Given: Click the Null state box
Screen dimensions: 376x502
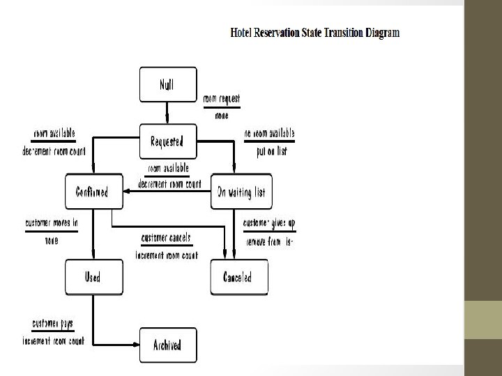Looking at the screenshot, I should (x=167, y=84).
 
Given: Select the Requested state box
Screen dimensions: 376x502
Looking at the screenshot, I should (x=167, y=141).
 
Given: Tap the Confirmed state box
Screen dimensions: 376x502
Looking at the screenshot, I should (x=93, y=191).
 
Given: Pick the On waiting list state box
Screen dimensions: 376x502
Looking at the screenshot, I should (x=241, y=191).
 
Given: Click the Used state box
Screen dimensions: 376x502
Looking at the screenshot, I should (x=93, y=276).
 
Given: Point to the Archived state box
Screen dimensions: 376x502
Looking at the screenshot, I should (x=167, y=345).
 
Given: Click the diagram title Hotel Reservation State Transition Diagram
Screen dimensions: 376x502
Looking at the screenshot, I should (x=314, y=33).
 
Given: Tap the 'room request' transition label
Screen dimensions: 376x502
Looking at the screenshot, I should (x=222, y=100).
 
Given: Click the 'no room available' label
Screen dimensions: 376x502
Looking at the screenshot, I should (x=269, y=133).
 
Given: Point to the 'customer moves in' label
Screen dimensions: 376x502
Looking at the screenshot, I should (x=52, y=224).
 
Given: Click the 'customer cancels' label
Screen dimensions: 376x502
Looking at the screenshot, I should (x=166, y=238).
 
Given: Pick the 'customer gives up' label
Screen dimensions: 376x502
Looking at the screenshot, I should (x=269, y=224).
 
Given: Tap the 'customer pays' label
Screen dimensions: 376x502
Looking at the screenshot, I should (x=52, y=324).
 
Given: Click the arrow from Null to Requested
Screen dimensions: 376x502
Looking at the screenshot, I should (x=167, y=113).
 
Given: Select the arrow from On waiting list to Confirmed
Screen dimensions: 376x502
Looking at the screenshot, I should (x=167, y=192).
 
